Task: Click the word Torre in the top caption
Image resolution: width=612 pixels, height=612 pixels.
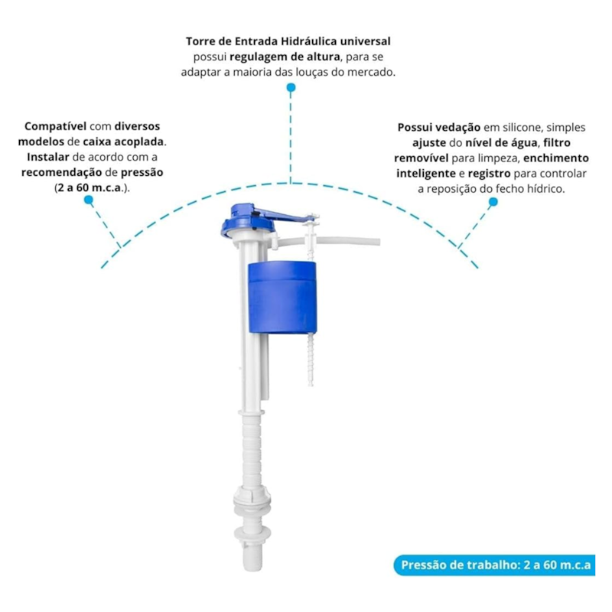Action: pyautogui.click(x=200, y=41)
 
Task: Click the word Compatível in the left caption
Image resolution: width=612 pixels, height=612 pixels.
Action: pyautogui.click(x=55, y=127)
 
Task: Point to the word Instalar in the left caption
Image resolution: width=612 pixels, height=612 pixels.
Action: pyautogui.click(x=48, y=158)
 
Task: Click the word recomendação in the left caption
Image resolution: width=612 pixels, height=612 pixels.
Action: pyautogui.click(x=61, y=173)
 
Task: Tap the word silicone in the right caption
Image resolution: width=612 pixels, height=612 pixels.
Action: pyautogui.click(x=522, y=128)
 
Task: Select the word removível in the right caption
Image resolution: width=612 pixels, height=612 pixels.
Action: pyautogui.click(x=422, y=158)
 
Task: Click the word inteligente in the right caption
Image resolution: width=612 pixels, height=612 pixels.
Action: pyautogui.click(x=426, y=174)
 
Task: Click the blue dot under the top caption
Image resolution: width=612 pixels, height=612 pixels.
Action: pyautogui.click(x=291, y=88)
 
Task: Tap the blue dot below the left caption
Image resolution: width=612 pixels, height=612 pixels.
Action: pyautogui.click(x=89, y=200)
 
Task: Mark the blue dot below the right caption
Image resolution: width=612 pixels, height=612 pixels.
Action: pyautogui.click(x=493, y=202)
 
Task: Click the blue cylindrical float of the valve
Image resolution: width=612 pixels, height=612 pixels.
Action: pyautogui.click(x=282, y=298)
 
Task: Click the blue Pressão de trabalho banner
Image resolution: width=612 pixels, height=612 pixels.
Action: pyautogui.click(x=494, y=565)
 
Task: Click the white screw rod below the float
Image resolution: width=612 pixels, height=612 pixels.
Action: pyautogui.click(x=311, y=359)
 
